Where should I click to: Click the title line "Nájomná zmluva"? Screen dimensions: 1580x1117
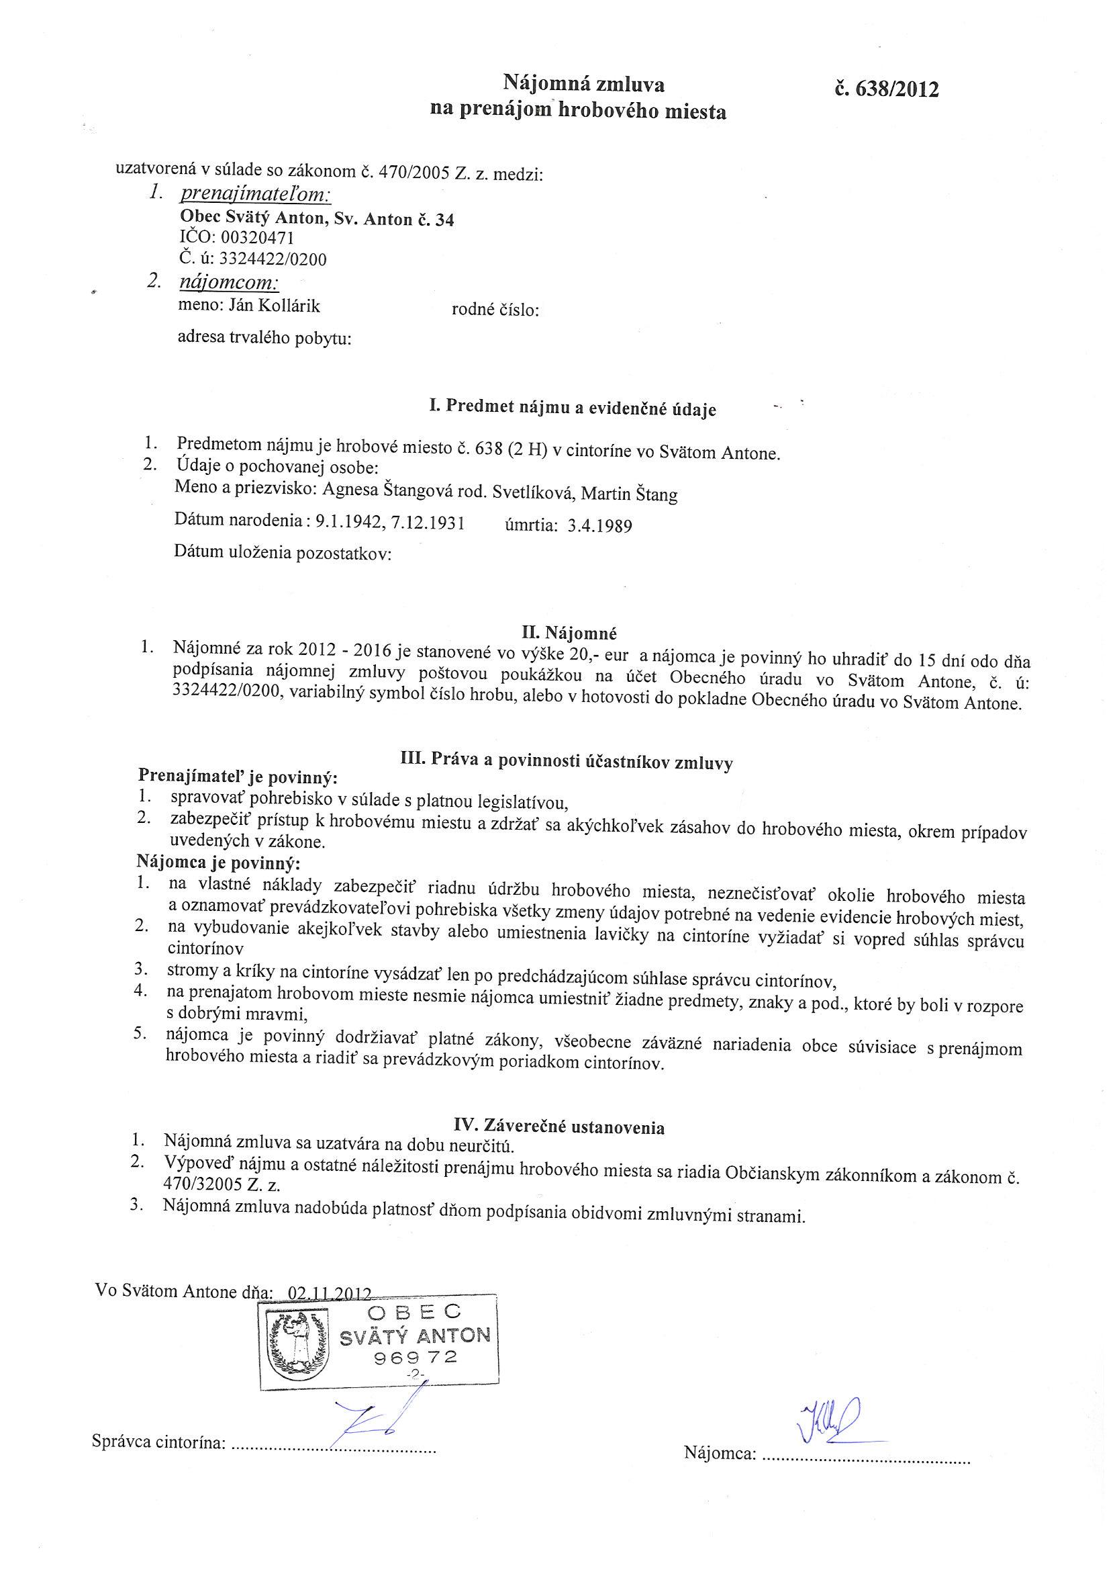(584, 85)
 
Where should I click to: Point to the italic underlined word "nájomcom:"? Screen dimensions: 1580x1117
(228, 281)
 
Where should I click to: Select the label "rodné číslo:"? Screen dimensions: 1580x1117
(495, 310)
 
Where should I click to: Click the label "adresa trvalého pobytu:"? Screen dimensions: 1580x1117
(264, 339)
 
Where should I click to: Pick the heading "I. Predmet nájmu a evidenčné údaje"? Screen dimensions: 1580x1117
(572, 408)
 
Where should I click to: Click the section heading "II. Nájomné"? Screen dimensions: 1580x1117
(569, 631)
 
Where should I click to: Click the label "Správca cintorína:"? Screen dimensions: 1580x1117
(159, 1442)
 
